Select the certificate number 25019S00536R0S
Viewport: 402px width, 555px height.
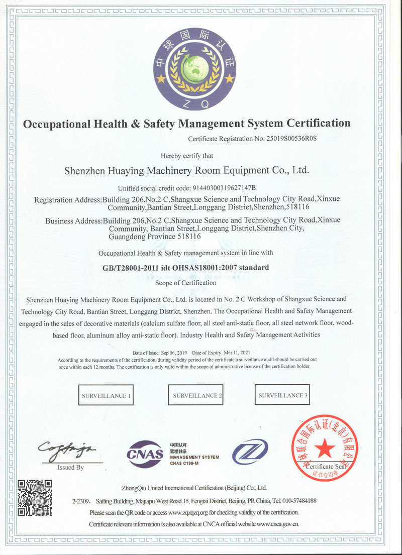(290, 138)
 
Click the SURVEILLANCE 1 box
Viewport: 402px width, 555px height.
(106, 395)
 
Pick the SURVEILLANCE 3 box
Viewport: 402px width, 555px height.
(282, 395)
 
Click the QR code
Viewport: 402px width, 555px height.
(35, 497)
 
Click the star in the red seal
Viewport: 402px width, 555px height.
(324, 447)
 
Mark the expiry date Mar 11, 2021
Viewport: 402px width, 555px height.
(231, 354)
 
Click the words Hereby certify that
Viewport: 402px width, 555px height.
(186, 156)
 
